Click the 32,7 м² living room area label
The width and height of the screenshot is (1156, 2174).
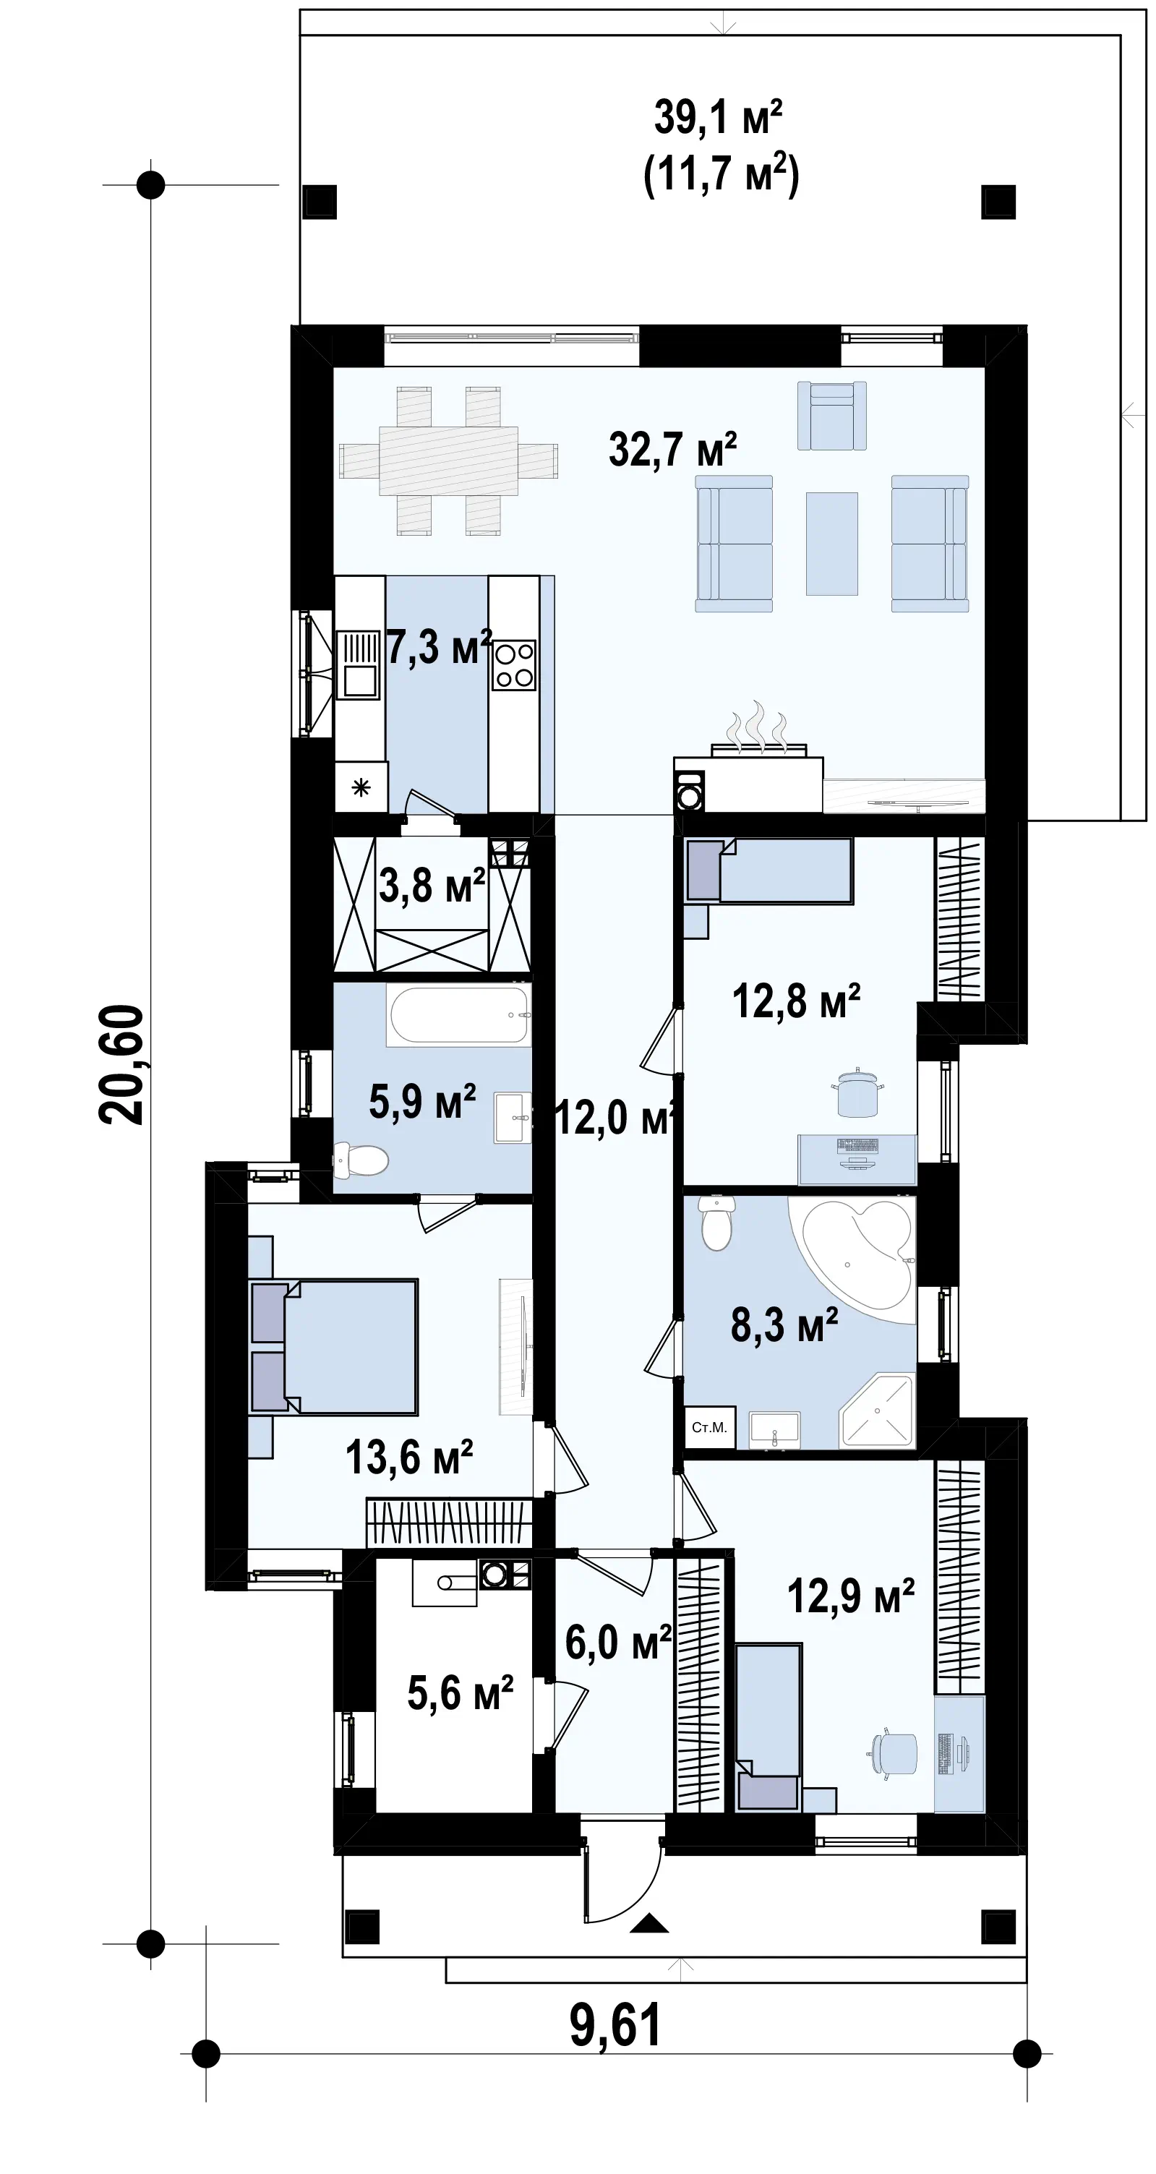pyautogui.click(x=672, y=450)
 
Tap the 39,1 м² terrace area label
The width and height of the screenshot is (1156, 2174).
pyautogui.click(x=718, y=117)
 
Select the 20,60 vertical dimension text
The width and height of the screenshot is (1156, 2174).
pyautogui.click(x=122, y=1064)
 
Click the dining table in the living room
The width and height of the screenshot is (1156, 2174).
pyautogui.click(x=448, y=461)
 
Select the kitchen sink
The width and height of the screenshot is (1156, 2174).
pyautogui.click(x=359, y=666)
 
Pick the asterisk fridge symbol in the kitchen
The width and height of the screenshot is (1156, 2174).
pyautogui.click(x=361, y=788)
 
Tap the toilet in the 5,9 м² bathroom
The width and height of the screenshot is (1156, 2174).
pyautogui.click(x=361, y=1160)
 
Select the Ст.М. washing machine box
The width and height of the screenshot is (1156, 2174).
pyautogui.click(x=708, y=1427)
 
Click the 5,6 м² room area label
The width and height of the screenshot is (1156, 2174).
pyautogui.click(x=460, y=1693)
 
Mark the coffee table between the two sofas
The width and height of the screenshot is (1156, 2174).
pyautogui.click(x=832, y=544)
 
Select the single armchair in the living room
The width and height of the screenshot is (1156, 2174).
pyautogui.click(x=832, y=414)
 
